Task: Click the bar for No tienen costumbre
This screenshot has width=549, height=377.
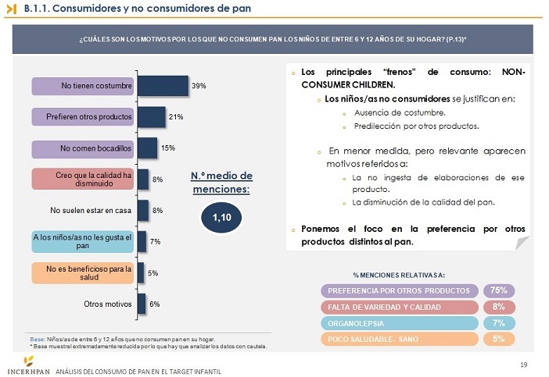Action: pyautogui.click(x=163, y=85)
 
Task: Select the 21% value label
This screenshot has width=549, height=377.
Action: pyautogui.click(x=175, y=117)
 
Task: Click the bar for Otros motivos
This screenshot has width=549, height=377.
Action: pyautogui.click(x=142, y=303)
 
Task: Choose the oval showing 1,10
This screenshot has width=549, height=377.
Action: pyautogui.click(x=221, y=217)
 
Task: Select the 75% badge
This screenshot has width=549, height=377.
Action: pyautogui.click(x=498, y=290)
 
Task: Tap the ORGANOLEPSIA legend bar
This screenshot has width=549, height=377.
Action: pyautogui.click(x=399, y=323)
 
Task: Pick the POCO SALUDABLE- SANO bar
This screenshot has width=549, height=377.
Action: pyautogui.click(x=399, y=340)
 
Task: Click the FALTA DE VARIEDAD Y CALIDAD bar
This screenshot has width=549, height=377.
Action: pyautogui.click(x=399, y=307)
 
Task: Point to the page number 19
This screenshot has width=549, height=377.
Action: pyautogui.click(x=524, y=364)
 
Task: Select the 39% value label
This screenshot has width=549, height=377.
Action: pyautogui.click(x=199, y=86)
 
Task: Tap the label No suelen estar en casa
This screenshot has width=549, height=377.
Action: pyautogui.click(x=91, y=210)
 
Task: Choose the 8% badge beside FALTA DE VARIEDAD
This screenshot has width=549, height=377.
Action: pyautogui.click(x=498, y=307)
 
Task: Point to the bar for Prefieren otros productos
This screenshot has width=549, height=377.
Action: pyautogui.click(x=151, y=116)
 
